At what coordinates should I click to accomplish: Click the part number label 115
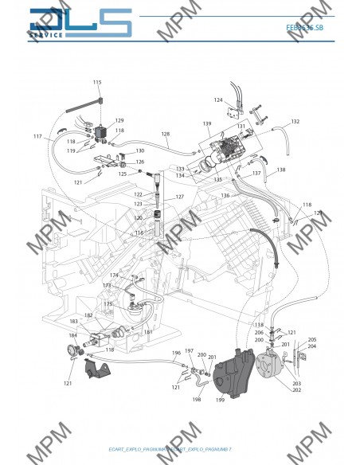point(97,83)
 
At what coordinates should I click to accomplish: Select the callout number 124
point(218,100)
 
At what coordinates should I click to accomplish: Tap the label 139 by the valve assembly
point(206,124)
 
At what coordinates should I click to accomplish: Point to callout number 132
point(295,122)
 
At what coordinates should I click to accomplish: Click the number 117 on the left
point(37,137)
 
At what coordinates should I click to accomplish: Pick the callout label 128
point(166,134)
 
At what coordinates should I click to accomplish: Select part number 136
point(225,195)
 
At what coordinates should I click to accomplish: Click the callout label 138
point(280,170)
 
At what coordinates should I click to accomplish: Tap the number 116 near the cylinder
point(139,232)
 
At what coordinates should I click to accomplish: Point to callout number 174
point(114,275)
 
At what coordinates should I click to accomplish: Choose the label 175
point(108,304)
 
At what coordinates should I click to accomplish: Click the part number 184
point(73,334)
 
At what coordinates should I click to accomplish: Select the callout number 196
point(177,353)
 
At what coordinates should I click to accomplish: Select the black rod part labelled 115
point(80,102)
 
